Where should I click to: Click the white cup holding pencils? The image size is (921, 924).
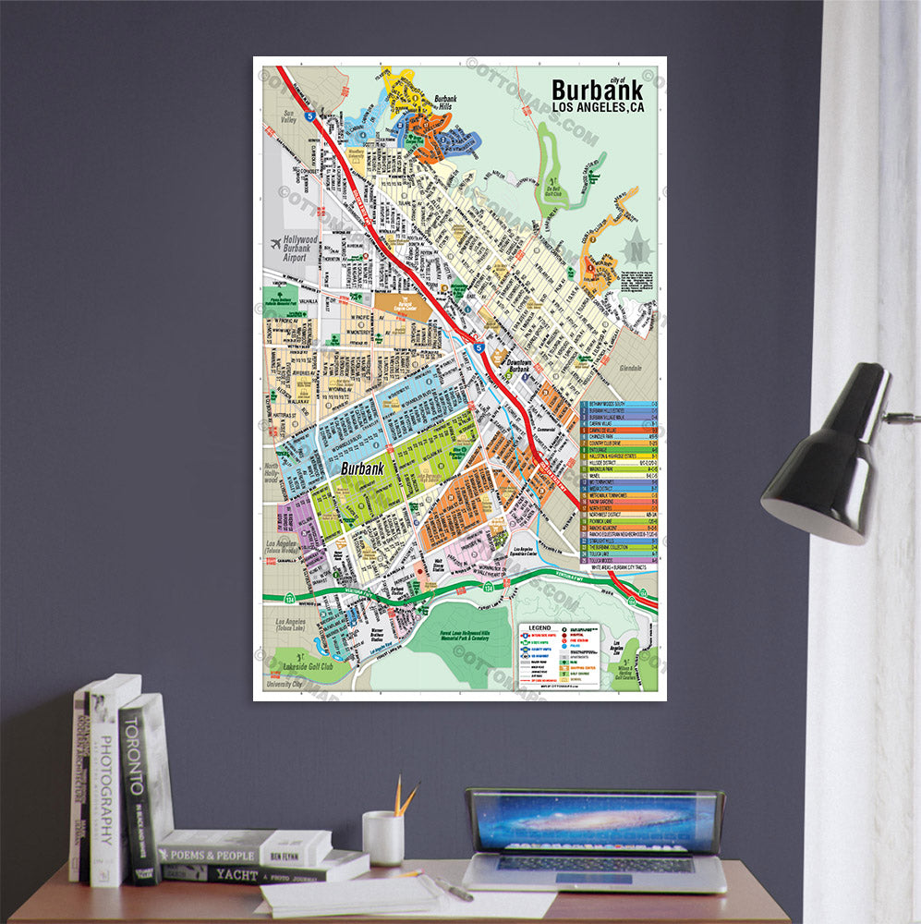pyautogui.click(x=382, y=837)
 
